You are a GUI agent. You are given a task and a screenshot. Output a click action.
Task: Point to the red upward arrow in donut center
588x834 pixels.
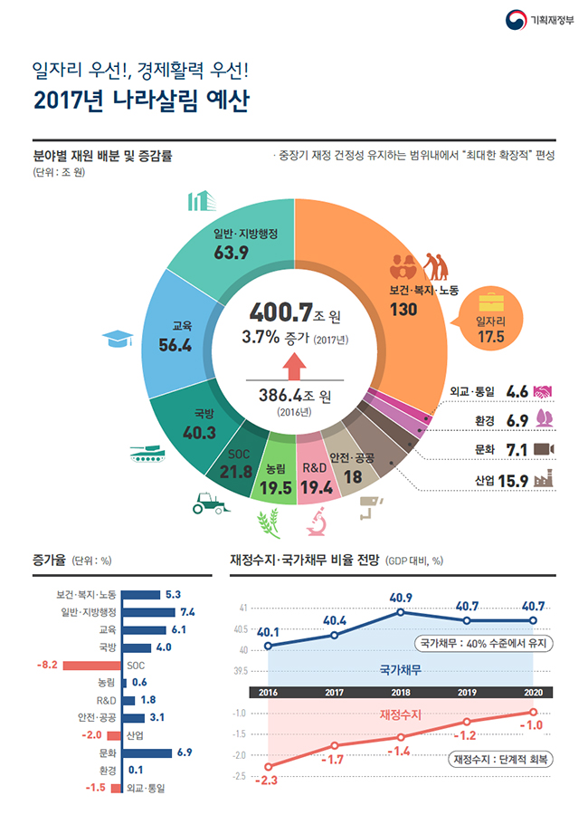293,367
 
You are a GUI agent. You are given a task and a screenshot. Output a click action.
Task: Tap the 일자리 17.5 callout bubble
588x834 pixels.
490,323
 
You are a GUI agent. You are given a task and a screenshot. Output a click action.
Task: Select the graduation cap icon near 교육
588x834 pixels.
118,339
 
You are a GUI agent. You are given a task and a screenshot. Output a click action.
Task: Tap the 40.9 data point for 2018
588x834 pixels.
400,612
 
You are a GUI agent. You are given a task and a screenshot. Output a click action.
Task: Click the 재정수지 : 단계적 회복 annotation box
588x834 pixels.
502,759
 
